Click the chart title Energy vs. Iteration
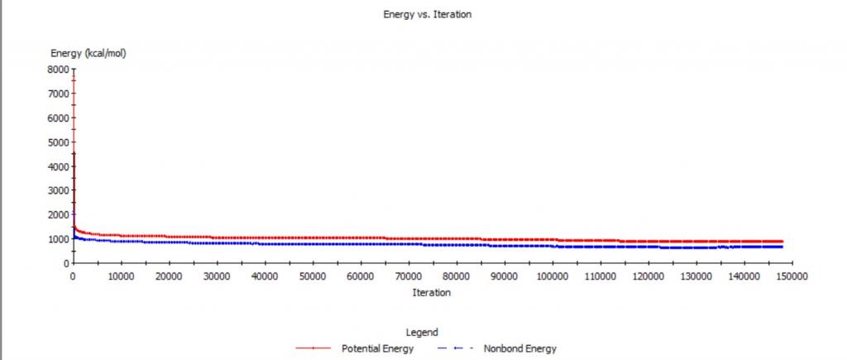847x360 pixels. pyautogui.click(x=428, y=15)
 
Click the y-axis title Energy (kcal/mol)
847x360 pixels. pyautogui.click(x=89, y=53)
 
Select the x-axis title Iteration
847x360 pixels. pyautogui.click(x=431, y=292)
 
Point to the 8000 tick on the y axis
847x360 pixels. pyautogui.click(x=58, y=70)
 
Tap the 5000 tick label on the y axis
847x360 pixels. pyautogui.click(x=58, y=142)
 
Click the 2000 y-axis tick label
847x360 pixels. pyautogui.click(x=58, y=215)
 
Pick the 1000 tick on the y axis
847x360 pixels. pyautogui.click(x=58, y=239)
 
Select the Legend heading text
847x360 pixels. pyautogui.click(x=423, y=333)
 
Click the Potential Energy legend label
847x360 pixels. pyautogui.click(x=378, y=348)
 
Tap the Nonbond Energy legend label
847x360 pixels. pyautogui.click(x=520, y=348)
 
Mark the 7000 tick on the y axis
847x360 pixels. pyautogui.click(x=58, y=94)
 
